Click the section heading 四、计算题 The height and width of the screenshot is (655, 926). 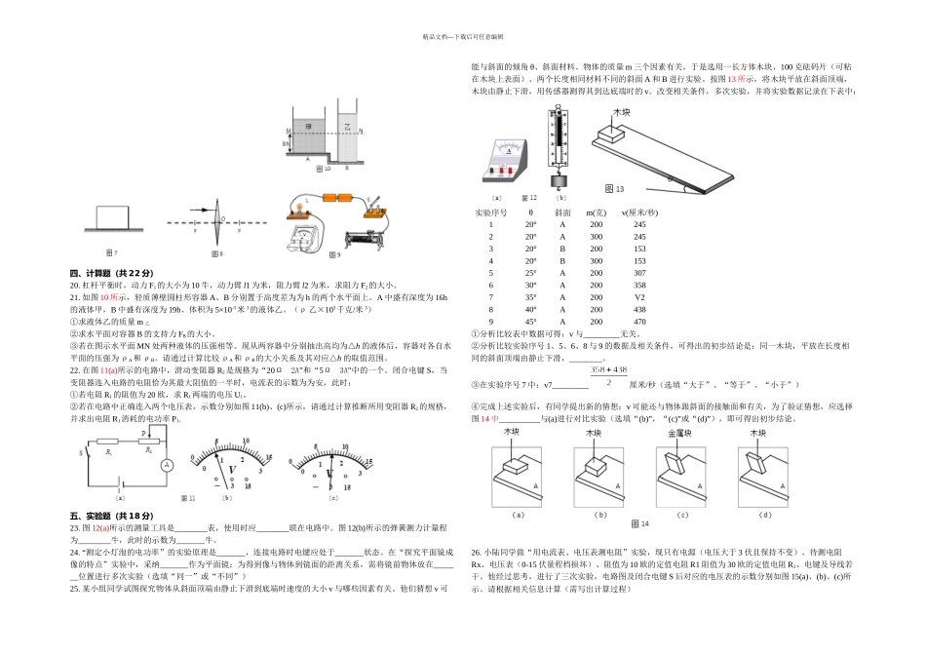(x=111, y=272)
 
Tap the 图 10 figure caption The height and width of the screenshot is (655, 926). (x=324, y=168)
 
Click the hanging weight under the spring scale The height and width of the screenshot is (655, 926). (x=560, y=182)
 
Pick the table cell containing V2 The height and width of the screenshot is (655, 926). (x=639, y=296)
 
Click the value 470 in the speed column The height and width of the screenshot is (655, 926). (x=639, y=322)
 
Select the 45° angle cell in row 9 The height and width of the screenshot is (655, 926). (x=530, y=322)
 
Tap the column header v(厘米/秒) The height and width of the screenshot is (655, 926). (x=639, y=212)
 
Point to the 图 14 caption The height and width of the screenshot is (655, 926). (x=638, y=523)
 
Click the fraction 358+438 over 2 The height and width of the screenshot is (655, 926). (x=608, y=375)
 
